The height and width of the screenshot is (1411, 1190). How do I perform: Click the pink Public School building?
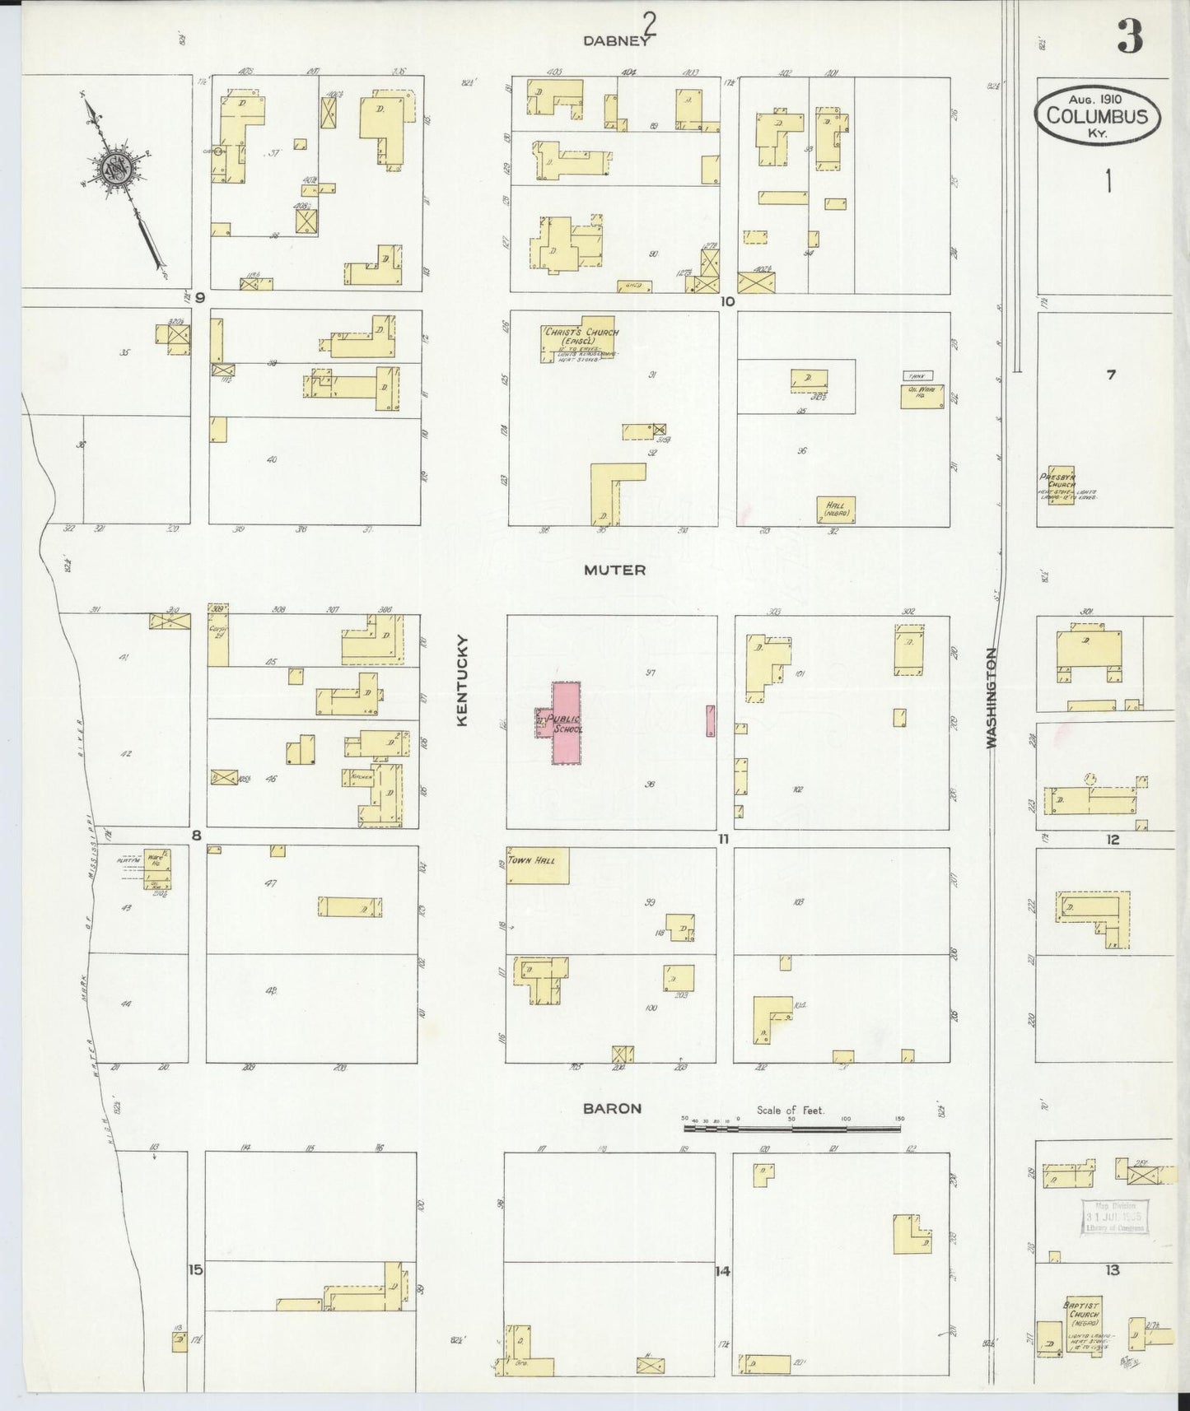[566, 721]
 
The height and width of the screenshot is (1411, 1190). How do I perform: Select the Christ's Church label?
[580, 333]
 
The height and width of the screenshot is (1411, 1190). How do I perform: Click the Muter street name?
[614, 570]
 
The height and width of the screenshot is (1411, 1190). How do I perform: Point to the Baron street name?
[611, 1108]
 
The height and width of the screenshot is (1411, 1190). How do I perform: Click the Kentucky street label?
[462, 679]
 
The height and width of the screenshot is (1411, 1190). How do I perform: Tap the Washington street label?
[992, 696]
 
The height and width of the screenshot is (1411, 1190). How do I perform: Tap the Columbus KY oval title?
[1097, 115]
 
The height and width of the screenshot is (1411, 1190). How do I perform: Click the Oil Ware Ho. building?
[922, 396]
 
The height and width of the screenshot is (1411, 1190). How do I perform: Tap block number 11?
[724, 839]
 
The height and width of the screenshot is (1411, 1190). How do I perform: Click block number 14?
[722, 1270]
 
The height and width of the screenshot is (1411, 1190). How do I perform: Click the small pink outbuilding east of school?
[710, 720]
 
